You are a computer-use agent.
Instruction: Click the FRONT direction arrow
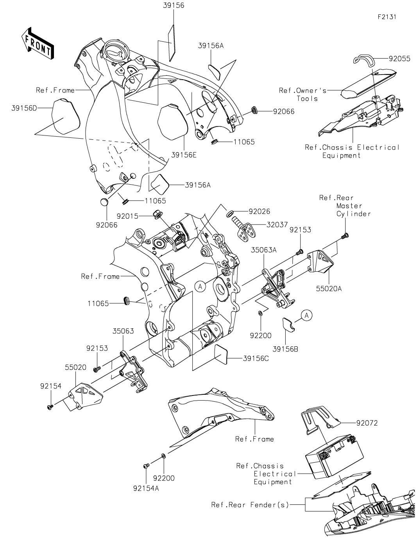click(38, 43)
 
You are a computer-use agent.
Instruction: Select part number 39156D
click(24, 108)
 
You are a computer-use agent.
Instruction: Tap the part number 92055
click(399, 59)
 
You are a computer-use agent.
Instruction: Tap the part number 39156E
click(183, 155)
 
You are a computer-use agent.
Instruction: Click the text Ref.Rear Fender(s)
click(250, 505)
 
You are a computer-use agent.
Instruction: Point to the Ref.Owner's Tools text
click(302, 94)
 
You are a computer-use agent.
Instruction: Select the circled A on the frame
click(200, 287)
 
